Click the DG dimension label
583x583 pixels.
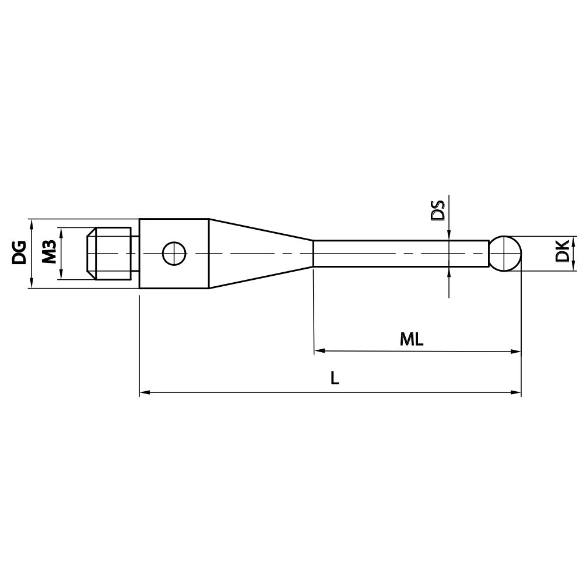point(19,252)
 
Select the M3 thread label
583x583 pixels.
point(49,252)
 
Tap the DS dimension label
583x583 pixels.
point(437,210)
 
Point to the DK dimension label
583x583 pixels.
point(562,252)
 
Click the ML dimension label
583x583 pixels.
point(412,340)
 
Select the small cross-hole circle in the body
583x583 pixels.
point(173,254)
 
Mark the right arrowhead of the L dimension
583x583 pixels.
point(515,392)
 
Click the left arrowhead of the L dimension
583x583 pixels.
point(145,392)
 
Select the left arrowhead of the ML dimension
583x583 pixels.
point(319,352)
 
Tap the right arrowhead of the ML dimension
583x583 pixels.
point(515,352)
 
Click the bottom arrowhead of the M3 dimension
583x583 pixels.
point(61,276)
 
